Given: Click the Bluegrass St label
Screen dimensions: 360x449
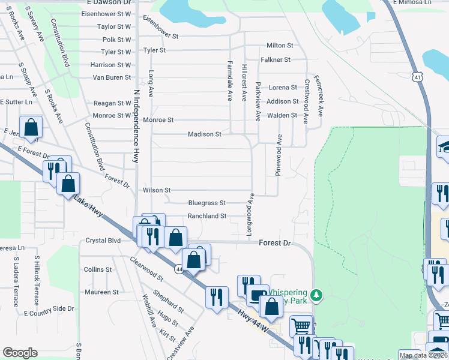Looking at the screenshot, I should pyautogui.click(x=206, y=203).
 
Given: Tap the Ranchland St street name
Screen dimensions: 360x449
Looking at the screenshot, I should pyautogui.click(x=206, y=216).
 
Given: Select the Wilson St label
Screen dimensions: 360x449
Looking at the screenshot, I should pyautogui.click(x=157, y=190).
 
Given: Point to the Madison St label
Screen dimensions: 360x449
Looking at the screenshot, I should pyautogui.click(x=205, y=134).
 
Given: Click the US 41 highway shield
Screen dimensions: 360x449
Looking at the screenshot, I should pyautogui.click(x=418, y=76).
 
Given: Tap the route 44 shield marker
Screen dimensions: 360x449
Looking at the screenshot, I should pyautogui.click(x=179, y=269).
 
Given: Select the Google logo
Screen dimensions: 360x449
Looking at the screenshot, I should pyautogui.click(x=20, y=353).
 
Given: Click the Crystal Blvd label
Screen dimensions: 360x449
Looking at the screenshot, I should pyautogui.click(x=103, y=240).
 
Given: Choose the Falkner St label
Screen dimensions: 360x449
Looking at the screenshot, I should pyautogui.click(x=276, y=60).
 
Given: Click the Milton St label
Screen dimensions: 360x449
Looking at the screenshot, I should pyautogui.click(x=280, y=46).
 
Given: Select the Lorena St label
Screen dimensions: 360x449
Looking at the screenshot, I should pyautogui.click(x=283, y=88).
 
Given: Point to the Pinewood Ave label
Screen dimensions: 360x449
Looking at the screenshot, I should pyautogui.click(x=279, y=155).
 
